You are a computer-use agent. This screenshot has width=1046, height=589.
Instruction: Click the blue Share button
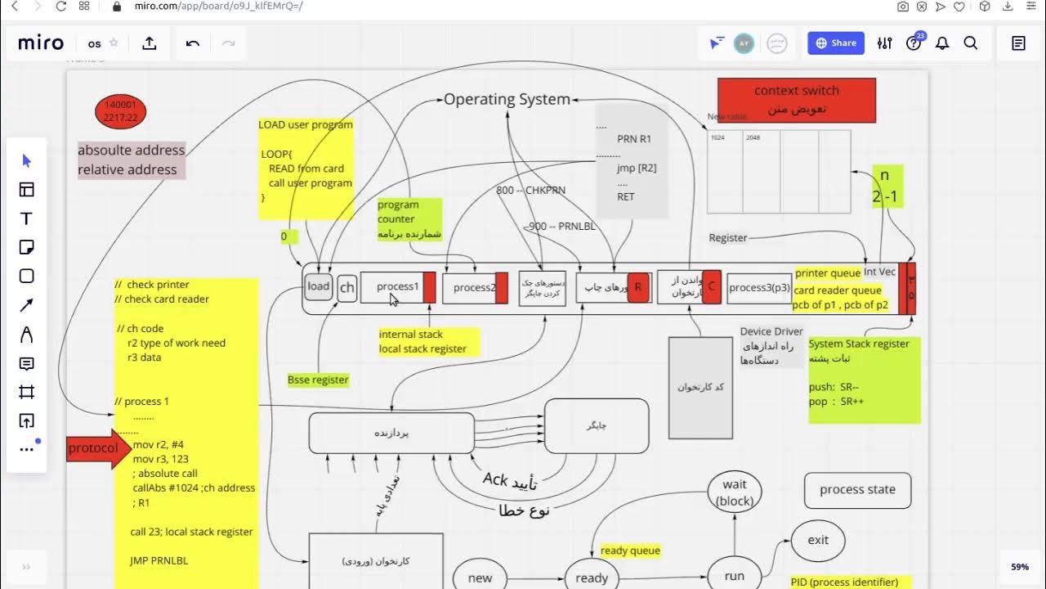click(x=835, y=43)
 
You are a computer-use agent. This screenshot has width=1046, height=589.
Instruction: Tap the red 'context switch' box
click(x=796, y=100)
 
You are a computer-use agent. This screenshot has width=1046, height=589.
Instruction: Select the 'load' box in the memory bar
click(x=318, y=286)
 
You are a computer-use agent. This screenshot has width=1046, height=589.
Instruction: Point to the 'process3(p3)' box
click(x=759, y=288)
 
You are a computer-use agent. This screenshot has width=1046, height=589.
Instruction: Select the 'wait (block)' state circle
click(x=735, y=492)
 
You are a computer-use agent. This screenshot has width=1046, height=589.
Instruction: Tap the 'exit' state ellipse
click(x=818, y=540)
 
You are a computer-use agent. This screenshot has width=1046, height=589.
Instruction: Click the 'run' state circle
click(x=735, y=576)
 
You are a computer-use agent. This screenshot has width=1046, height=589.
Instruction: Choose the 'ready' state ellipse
click(x=592, y=578)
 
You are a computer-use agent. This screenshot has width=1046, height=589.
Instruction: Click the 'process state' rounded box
click(x=857, y=489)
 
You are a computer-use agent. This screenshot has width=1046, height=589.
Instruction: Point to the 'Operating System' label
click(x=507, y=99)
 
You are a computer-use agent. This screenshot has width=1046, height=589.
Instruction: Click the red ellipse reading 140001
click(x=121, y=111)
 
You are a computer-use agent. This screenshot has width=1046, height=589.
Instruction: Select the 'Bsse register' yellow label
click(x=318, y=380)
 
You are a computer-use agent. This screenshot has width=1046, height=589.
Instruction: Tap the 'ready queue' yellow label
click(x=630, y=551)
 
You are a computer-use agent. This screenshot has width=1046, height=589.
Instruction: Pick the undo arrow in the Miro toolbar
click(x=193, y=43)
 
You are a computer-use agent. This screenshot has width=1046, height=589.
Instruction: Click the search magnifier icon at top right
click(x=971, y=43)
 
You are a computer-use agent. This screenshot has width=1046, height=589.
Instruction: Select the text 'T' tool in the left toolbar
click(x=26, y=218)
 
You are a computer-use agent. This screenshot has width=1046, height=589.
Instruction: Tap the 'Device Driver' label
click(x=771, y=331)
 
